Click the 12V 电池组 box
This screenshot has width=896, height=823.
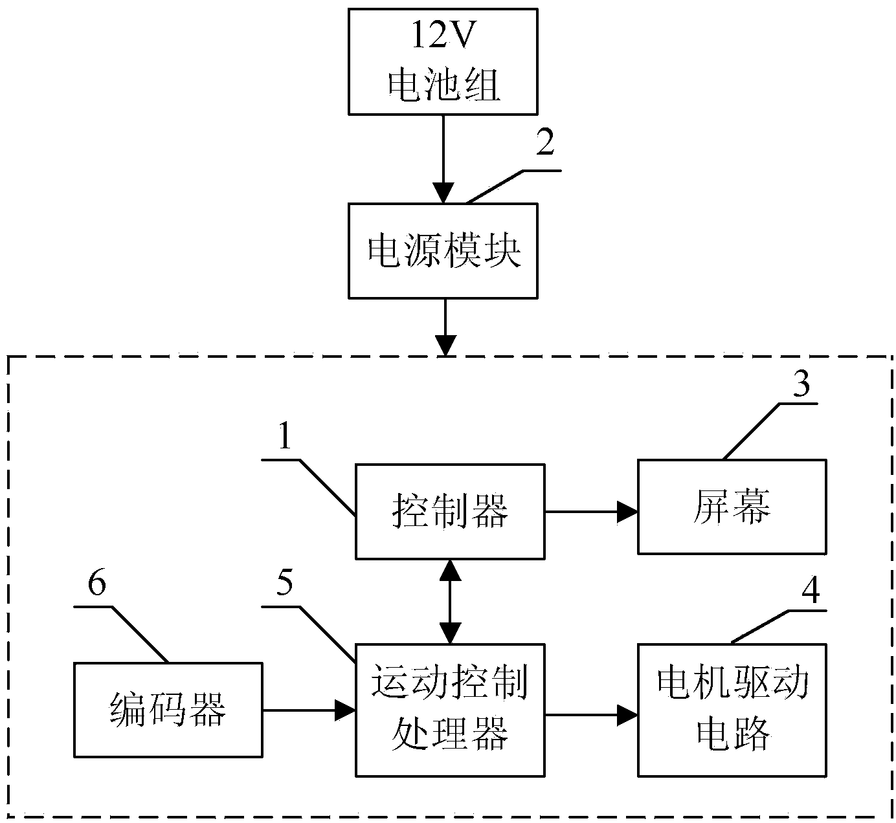click(x=443, y=61)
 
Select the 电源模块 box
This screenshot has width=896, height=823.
click(x=443, y=251)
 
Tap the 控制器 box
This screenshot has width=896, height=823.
click(x=450, y=511)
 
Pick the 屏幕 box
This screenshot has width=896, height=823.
click(x=732, y=507)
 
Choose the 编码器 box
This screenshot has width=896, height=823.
click(x=168, y=710)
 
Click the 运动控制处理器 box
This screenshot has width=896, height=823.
click(x=450, y=710)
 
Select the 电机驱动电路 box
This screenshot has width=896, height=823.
click(x=732, y=710)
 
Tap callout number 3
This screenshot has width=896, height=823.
click(x=801, y=386)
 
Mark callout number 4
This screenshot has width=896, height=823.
click(x=811, y=590)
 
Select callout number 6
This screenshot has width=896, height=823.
click(x=97, y=585)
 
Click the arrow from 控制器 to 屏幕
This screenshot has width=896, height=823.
click(x=590, y=512)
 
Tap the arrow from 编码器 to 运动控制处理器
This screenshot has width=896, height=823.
click(x=309, y=710)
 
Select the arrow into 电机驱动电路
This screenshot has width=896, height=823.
click(x=590, y=714)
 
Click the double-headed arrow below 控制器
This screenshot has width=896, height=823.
click(x=450, y=601)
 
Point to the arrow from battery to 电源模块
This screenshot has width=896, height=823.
click(x=443, y=159)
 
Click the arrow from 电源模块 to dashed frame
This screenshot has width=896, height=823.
click(x=446, y=327)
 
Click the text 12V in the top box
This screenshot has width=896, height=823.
click(x=443, y=38)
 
